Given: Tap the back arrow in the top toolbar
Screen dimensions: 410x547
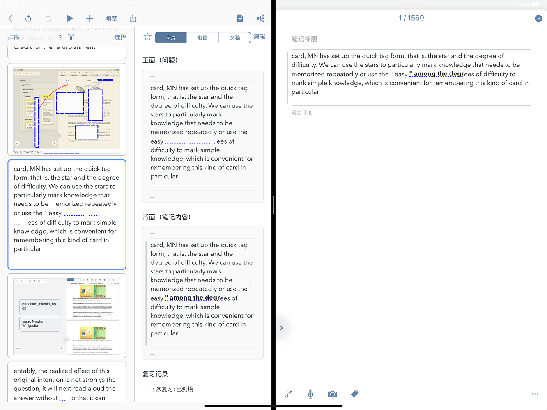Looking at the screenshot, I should [x=11, y=18].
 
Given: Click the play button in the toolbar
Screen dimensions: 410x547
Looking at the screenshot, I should [x=69, y=18].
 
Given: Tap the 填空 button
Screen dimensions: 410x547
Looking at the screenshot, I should [x=112, y=18].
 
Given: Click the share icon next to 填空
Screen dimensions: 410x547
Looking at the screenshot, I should [x=133, y=18].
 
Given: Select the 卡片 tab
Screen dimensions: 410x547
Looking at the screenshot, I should [x=171, y=38].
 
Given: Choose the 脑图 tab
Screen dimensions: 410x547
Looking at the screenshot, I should [x=202, y=38].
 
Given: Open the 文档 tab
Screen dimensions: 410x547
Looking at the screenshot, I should [x=235, y=38].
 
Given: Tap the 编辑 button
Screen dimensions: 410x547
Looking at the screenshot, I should [x=259, y=37].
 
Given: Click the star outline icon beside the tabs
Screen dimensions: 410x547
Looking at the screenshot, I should [x=147, y=37].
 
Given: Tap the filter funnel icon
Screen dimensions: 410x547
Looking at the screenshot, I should [x=71, y=37].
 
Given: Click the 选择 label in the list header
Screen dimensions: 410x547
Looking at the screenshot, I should [x=120, y=37].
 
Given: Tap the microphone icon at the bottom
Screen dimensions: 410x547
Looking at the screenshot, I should [x=310, y=394].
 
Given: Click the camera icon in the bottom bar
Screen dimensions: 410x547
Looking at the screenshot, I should [x=332, y=394].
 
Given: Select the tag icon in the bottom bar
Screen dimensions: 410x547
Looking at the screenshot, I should [x=354, y=394].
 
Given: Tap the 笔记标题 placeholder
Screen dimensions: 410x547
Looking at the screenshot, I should [x=304, y=39].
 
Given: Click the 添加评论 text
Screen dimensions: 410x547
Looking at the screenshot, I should [x=302, y=113].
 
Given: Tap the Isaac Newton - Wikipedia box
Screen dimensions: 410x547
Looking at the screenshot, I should [x=40, y=324].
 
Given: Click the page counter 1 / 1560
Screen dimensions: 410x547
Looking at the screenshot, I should [x=411, y=18].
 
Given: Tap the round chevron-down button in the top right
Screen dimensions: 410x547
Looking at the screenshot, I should [x=538, y=18].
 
